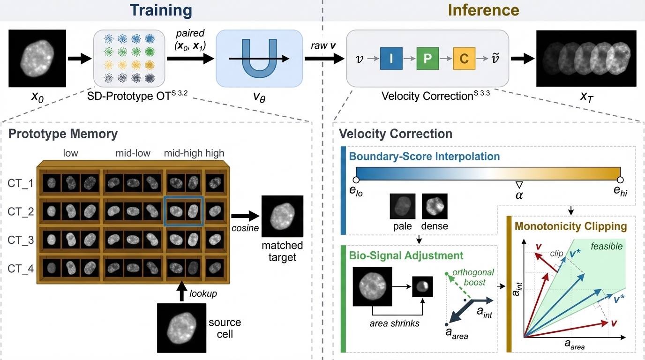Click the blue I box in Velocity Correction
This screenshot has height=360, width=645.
389,59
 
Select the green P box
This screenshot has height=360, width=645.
427,59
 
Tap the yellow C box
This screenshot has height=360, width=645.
464,59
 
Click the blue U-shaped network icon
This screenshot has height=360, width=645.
259,58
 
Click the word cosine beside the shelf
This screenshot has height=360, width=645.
244,227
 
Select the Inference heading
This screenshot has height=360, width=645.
483,10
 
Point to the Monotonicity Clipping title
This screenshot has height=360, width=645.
570,226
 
